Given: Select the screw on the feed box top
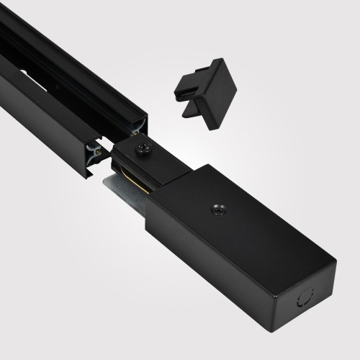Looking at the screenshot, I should click(217, 210).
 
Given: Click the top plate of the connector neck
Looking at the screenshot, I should click(155, 153).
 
